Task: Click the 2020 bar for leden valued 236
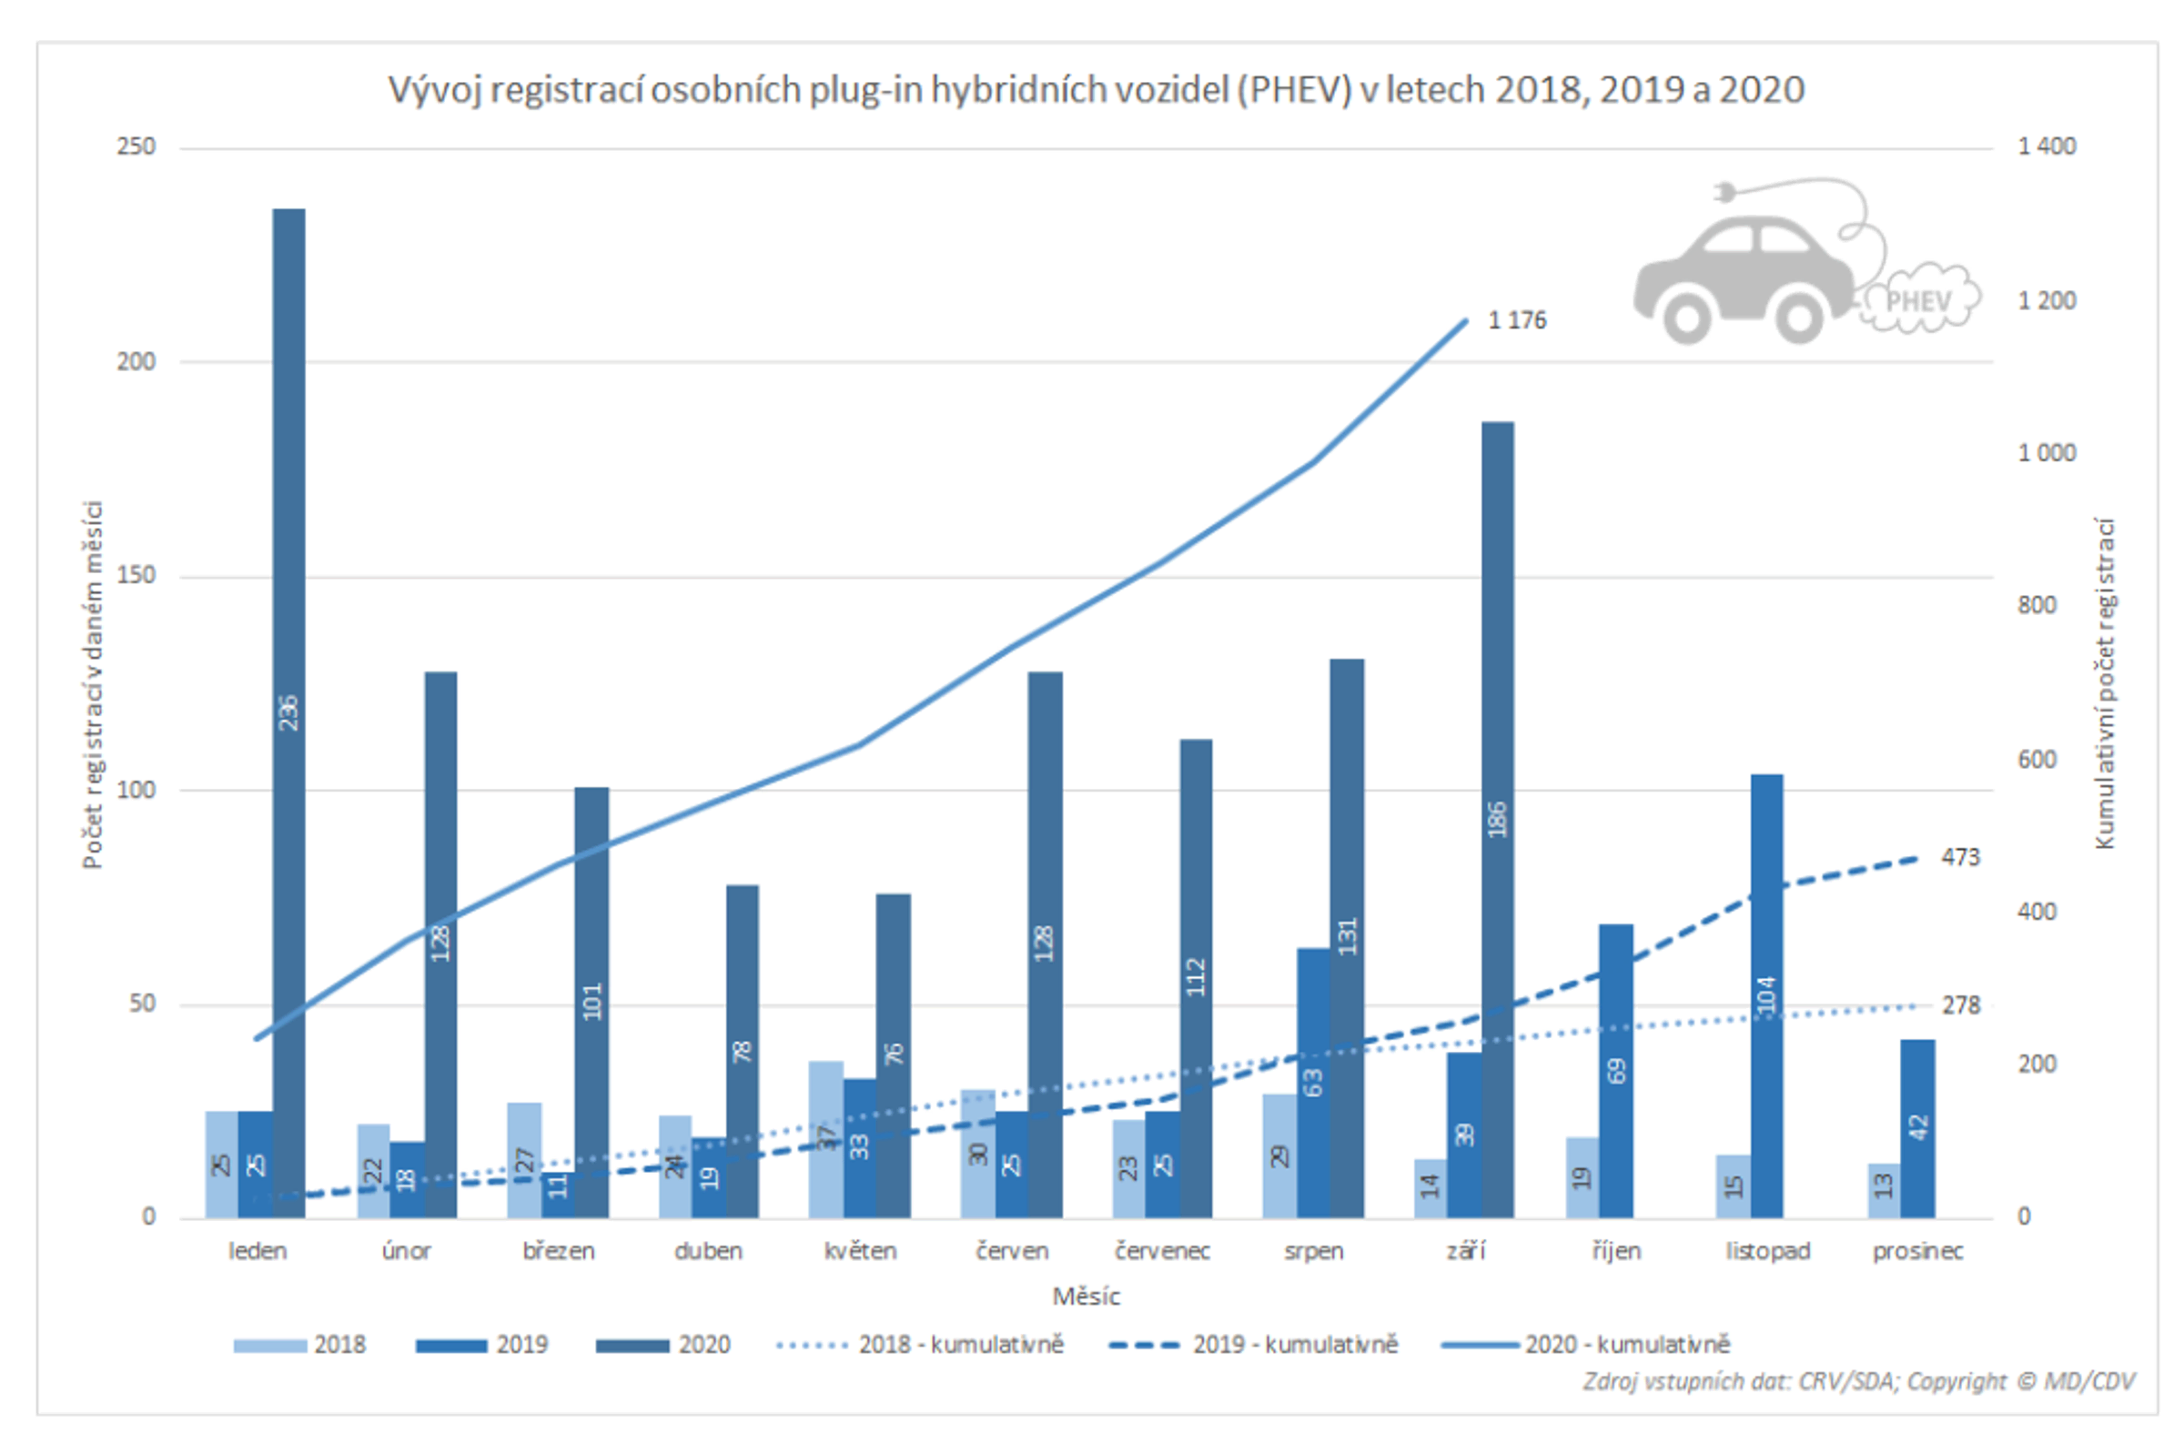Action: point(289,713)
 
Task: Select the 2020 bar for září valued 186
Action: point(1497,819)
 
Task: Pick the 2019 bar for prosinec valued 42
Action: point(1917,1128)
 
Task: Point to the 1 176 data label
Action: point(1517,320)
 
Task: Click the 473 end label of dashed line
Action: point(1959,857)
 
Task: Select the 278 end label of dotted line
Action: point(1960,1005)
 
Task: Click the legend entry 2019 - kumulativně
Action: point(1253,1345)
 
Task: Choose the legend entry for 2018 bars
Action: point(300,1345)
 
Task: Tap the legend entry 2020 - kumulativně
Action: point(1586,1345)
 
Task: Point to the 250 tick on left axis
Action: point(136,146)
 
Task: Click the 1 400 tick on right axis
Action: point(2046,146)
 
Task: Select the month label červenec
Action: point(1161,1251)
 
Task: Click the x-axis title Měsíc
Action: point(1086,1296)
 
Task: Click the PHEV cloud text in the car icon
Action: point(1918,301)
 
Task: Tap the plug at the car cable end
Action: point(1724,192)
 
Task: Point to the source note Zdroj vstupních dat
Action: point(1857,1380)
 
